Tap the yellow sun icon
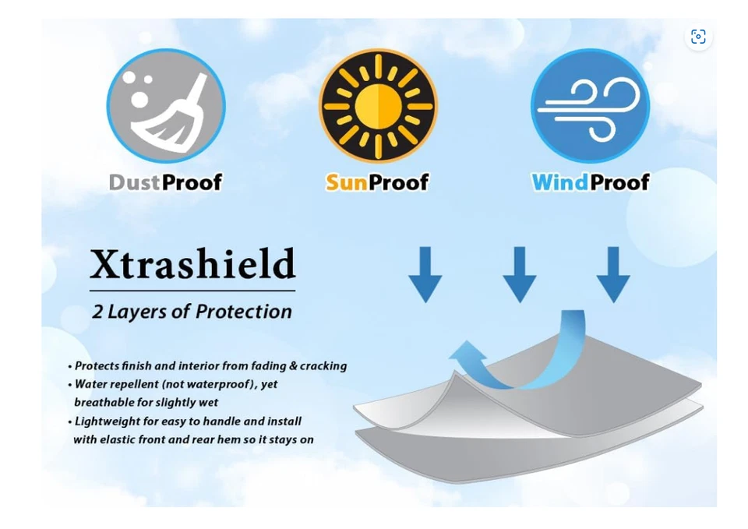click(378, 106)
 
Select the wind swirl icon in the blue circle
click(590, 109)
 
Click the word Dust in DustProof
click(135, 182)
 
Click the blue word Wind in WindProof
click(560, 182)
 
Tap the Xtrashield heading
click(192, 263)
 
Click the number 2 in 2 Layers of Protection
click(97, 312)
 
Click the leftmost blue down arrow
click(425, 274)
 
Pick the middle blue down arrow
click(520, 274)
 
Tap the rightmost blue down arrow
click(613, 274)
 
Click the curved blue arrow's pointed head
click(467, 353)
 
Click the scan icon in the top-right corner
click(698, 37)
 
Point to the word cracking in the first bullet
click(324, 366)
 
